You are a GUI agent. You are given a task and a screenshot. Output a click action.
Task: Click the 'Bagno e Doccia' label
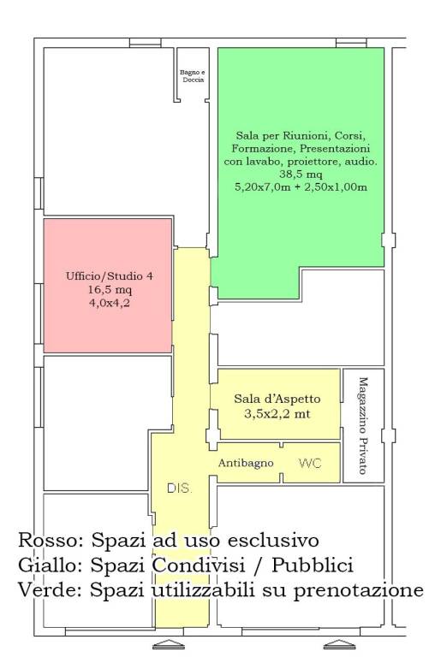coord(193,76)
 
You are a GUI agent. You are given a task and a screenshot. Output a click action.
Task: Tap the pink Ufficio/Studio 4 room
coord(108,286)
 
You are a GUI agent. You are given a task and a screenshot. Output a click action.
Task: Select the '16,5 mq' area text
coord(110,289)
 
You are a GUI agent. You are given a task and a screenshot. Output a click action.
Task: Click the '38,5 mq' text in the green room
coord(301,175)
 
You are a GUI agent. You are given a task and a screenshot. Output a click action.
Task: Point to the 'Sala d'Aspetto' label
coord(277,399)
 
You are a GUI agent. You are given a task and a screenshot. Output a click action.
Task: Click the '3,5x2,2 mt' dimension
coord(277,414)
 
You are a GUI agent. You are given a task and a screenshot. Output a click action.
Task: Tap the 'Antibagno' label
coord(246,463)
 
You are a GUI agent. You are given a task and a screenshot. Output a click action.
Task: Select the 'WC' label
coord(310,464)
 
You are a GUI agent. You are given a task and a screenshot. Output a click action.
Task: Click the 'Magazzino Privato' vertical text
coord(363,426)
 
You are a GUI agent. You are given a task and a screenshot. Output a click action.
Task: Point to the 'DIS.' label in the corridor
coord(180,488)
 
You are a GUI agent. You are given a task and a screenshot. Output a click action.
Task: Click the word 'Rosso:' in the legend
coord(51,541)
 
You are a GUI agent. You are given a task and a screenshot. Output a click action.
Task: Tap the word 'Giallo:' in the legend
coord(51,566)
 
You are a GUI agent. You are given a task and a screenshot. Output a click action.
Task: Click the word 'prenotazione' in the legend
coord(358,592)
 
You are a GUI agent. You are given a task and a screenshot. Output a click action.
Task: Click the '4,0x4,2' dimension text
coord(109,302)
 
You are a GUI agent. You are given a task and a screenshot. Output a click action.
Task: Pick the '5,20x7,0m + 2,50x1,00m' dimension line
coord(301,186)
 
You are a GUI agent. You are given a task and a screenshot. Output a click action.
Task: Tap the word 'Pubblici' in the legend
coord(313,566)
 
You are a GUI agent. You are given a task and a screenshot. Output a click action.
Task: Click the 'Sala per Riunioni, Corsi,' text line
coord(301,136)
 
